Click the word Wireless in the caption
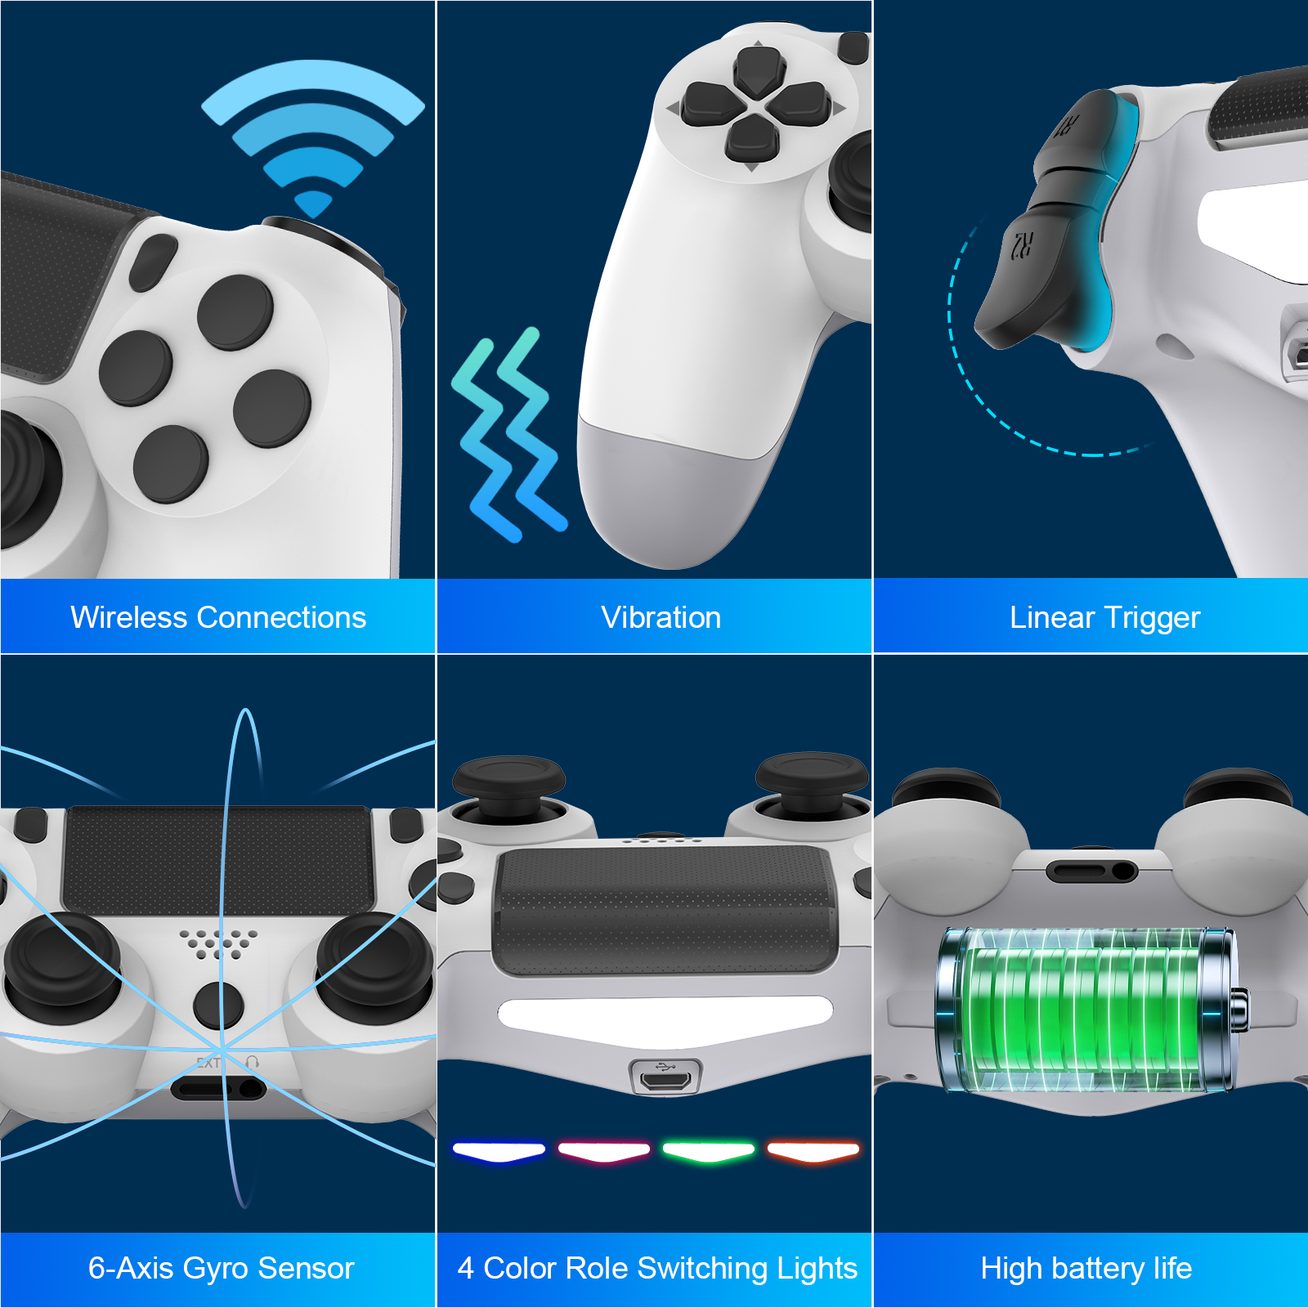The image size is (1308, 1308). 128,617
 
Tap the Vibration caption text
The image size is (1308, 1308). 661,617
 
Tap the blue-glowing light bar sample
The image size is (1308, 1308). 499,1152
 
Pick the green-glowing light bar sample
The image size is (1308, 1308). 708,1152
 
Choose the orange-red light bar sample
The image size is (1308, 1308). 813,1152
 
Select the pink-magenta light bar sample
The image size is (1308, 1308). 603,1152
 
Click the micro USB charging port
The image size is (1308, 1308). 665,1078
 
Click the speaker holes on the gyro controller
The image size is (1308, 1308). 218,943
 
